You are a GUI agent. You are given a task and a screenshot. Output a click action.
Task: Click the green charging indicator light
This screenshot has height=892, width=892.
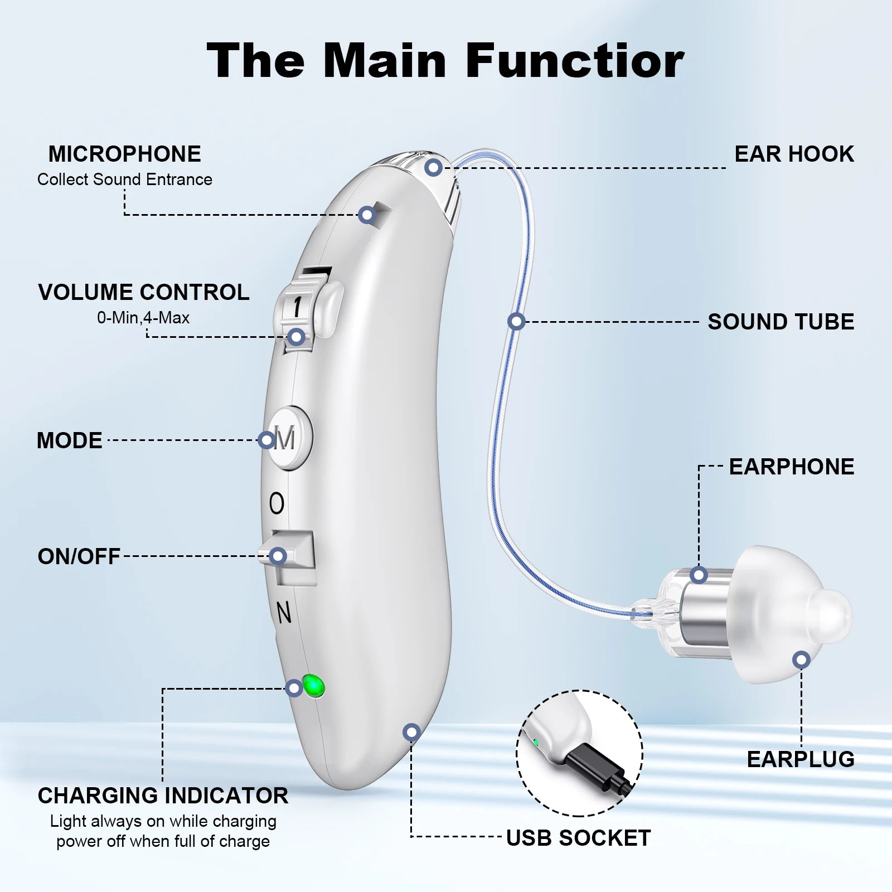[x=313, y=685]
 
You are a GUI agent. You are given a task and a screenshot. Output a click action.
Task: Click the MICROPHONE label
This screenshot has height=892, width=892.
[x=124, y=154]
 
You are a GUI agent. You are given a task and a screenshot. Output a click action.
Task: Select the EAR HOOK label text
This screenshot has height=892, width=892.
[x=793, y=154]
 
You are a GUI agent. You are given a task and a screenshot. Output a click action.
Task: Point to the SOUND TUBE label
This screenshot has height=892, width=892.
[x=780, y=322]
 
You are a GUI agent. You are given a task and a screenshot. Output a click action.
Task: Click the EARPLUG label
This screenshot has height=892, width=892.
[x=800, y=759]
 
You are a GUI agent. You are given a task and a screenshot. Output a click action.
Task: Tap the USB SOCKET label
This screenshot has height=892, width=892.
[x=578, y=838]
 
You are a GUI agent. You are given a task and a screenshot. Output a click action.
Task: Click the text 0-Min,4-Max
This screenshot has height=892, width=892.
[x=143, y=318]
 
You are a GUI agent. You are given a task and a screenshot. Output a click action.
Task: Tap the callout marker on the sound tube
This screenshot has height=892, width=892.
[x=516, y=321]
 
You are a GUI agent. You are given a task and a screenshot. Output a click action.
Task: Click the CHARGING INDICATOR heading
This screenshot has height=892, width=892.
[x=163, y=796]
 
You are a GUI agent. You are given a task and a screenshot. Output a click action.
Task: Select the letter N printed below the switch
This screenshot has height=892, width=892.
[x=284, y=614]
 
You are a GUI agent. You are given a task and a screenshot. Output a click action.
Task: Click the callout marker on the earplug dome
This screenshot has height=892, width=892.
[x=801, y=660]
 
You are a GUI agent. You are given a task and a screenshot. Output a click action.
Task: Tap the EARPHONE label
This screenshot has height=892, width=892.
[x=791, y=467]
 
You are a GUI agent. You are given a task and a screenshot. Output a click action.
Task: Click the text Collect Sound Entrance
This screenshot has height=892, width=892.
[x=124, y=180]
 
